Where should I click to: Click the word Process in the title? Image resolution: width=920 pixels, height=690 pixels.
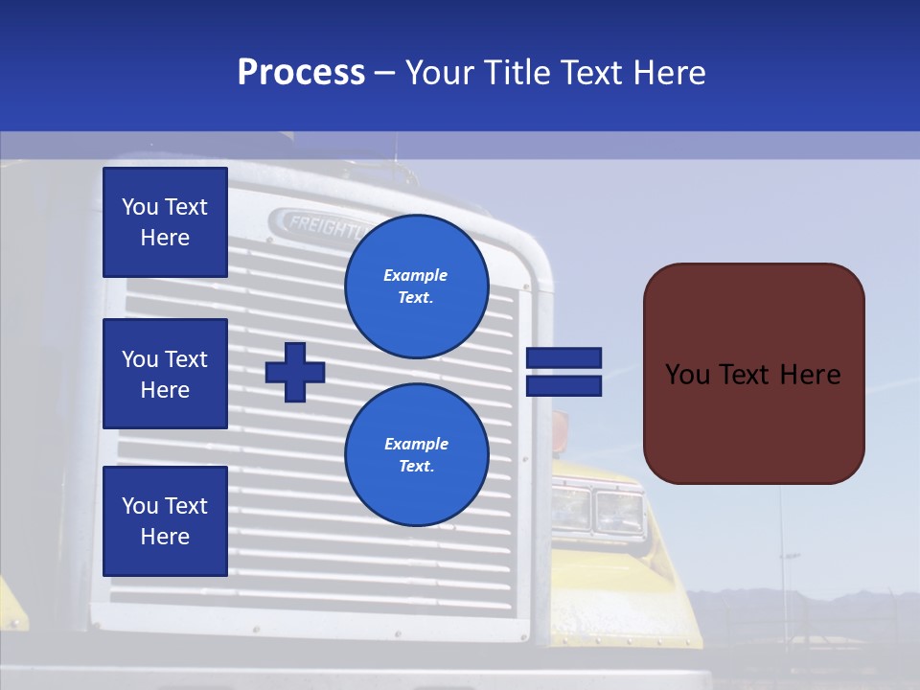[301, 73]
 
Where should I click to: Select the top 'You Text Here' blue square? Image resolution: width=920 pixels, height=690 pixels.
[165, 222]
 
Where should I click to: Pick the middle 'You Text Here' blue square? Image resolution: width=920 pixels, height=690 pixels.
[165, 374]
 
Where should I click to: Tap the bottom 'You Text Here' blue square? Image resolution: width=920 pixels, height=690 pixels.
[165, 521]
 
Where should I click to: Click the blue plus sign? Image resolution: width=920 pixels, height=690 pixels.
[295, 371]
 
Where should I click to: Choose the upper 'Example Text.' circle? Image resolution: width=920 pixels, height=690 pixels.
[416, 286]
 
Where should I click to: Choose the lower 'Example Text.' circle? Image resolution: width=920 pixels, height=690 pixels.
[416, 454]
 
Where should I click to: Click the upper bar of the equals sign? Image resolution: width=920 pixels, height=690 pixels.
[563, 358]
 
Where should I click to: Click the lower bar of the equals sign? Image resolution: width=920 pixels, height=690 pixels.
[563, 385]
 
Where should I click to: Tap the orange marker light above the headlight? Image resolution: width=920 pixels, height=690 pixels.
[559, 424]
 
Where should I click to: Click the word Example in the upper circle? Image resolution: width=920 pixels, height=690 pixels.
[416, 275]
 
